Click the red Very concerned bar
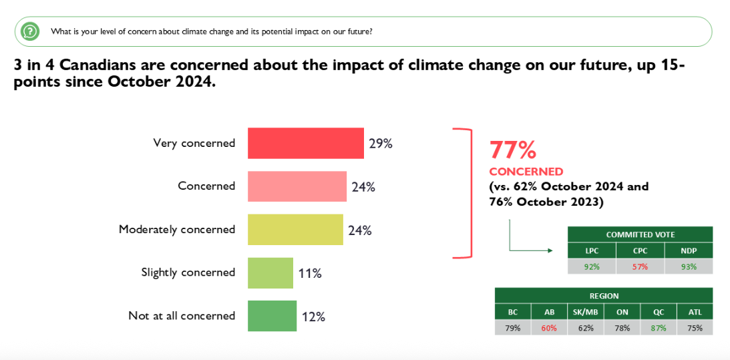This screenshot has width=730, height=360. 305,143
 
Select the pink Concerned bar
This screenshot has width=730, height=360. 297,186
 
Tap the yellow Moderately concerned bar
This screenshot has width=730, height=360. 295,229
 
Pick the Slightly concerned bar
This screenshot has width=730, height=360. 270,273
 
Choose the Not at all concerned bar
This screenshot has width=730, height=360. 271,316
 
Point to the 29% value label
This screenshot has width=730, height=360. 380,143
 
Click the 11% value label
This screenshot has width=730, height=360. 310,273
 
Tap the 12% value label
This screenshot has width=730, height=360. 313,317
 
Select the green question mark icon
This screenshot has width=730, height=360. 29,31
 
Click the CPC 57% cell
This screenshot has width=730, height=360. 640,266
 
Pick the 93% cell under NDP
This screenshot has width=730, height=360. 689,266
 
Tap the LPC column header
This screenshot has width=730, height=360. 592,250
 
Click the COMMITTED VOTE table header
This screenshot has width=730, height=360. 640,234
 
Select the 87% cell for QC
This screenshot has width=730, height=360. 659,328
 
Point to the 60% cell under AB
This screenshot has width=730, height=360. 549,328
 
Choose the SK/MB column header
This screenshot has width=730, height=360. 585,312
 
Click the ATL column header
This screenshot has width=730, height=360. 695,312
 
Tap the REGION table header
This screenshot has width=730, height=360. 604,296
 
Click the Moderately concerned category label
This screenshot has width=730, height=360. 177,229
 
